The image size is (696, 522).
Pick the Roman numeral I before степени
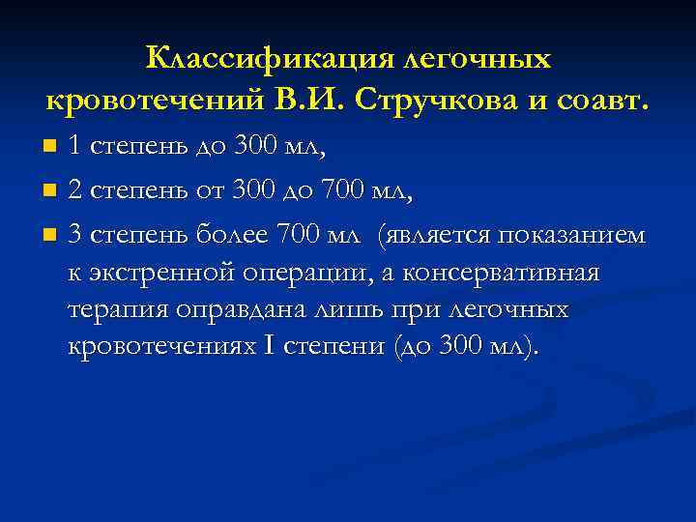coord(269,347)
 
